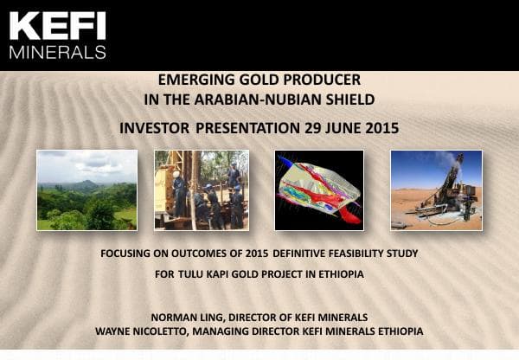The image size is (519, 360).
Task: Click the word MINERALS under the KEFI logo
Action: pos(57,51)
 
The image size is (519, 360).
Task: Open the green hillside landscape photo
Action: pos(86,190)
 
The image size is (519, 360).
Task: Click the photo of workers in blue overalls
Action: pos(201,190)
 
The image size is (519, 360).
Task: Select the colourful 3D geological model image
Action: pos(319,190)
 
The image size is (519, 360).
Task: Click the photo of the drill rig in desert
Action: pos(436,190)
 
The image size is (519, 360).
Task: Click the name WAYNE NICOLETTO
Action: pos(147,331)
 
